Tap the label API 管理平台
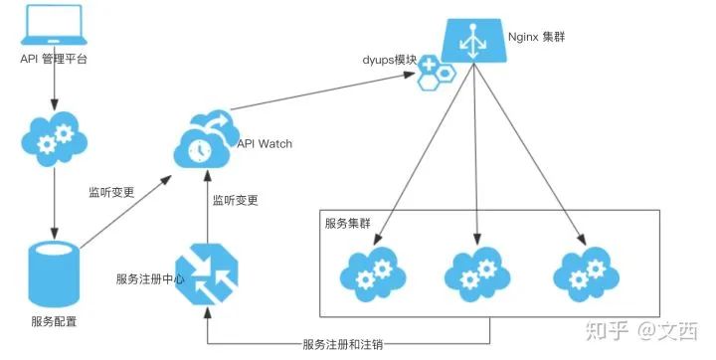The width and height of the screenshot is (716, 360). pos(54,60)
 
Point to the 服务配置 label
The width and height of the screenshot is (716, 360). pos(54,321)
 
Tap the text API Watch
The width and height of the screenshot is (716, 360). pos(265,144)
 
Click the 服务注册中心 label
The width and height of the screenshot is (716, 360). pos(150,277)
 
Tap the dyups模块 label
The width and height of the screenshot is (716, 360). pos(389,60)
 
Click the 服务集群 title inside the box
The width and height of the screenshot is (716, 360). pos(349,222)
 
